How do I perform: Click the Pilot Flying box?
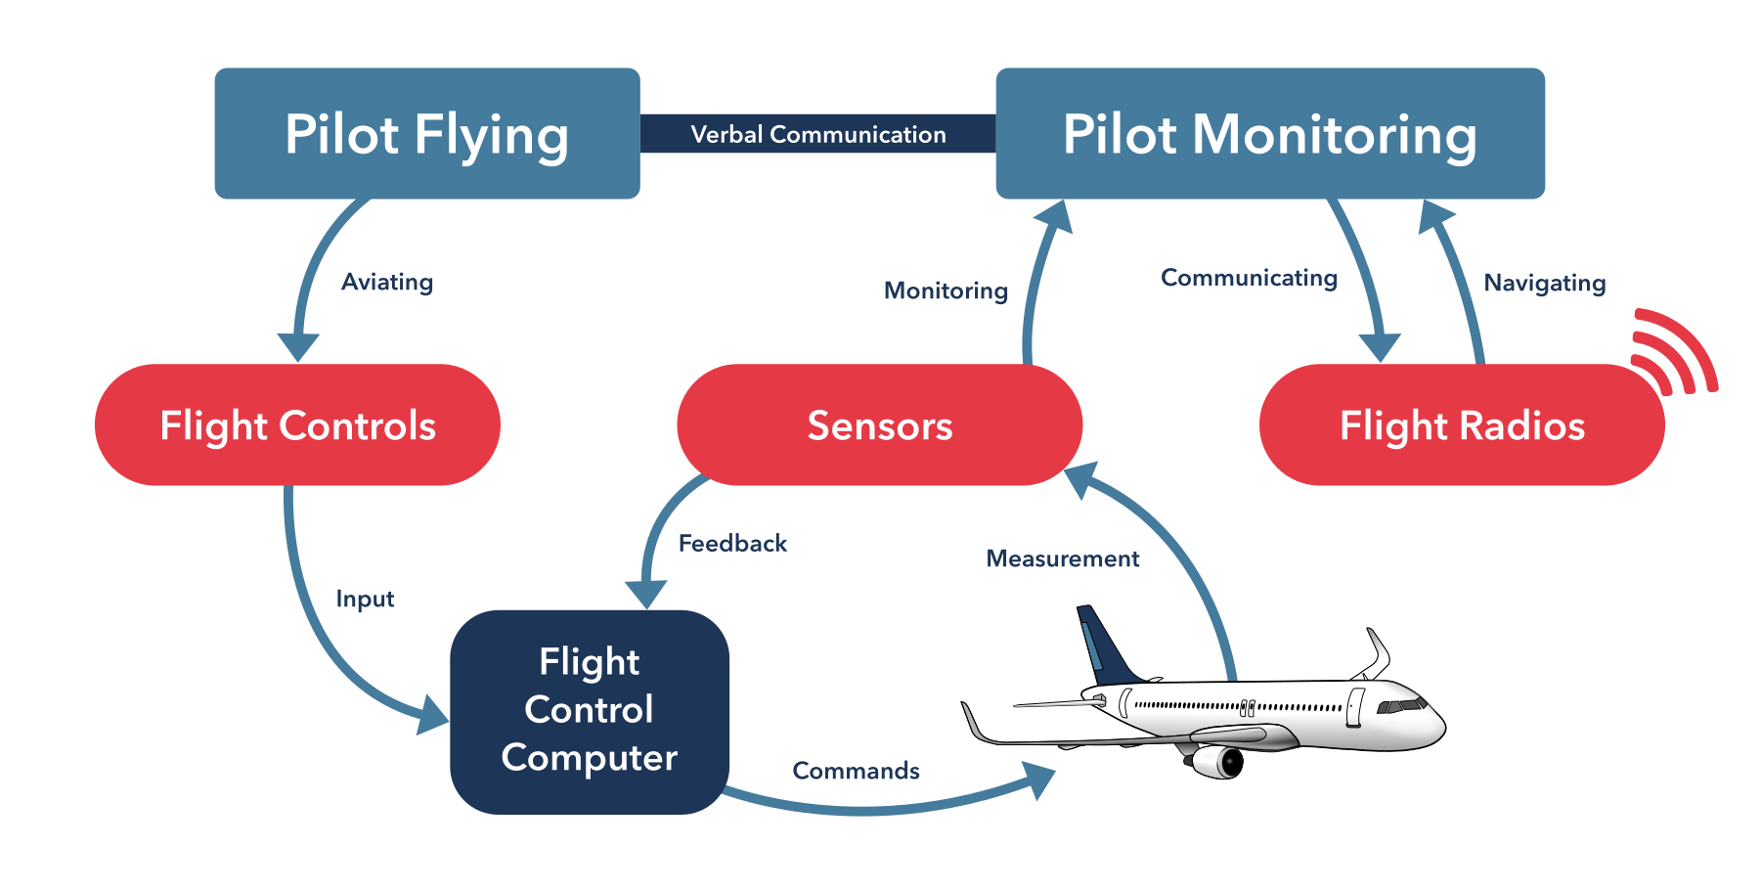427,134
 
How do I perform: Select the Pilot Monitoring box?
1269,134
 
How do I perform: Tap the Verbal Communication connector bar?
817,134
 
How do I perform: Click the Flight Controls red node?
297,425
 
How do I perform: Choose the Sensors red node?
879,425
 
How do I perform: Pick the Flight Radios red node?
1461,425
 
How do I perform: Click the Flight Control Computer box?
589,711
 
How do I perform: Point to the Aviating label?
387,283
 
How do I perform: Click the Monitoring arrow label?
946,290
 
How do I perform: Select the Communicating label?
1249,279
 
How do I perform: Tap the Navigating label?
1544,284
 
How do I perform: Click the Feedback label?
732,544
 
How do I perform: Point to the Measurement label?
1062,559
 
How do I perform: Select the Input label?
365,600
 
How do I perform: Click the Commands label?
856,772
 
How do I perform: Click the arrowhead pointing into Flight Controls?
298,347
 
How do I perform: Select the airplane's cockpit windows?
1401,705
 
